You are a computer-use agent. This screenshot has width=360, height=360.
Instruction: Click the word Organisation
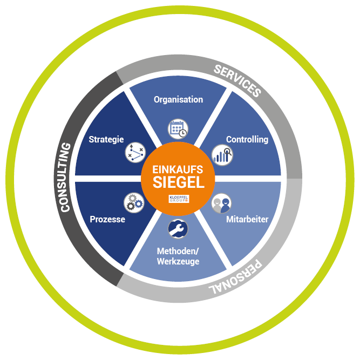click(x=178, y=99)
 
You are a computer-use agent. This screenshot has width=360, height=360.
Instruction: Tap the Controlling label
click(x=247, y=139)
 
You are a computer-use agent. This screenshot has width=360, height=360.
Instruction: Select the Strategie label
click(x=106, y=139)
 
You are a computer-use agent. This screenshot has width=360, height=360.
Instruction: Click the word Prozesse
click(x=107, y=220)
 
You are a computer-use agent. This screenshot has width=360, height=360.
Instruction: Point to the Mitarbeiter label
click(x=247, y=220)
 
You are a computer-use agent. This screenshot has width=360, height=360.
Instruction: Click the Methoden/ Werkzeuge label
click(x=178, y=256)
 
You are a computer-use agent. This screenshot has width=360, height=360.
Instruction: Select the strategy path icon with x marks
click(x=135, y=153)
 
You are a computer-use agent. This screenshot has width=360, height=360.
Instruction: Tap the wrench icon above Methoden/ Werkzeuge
click(x=178, y=229)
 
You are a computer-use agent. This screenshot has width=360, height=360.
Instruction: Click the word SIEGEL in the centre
click(x=178, y=182)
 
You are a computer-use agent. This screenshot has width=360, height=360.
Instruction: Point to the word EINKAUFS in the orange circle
click(x=178, y=168)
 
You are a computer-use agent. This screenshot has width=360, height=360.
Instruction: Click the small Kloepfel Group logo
click(x=178, y=198)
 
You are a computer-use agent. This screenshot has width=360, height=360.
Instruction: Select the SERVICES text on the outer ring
click(x=237, y=80)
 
